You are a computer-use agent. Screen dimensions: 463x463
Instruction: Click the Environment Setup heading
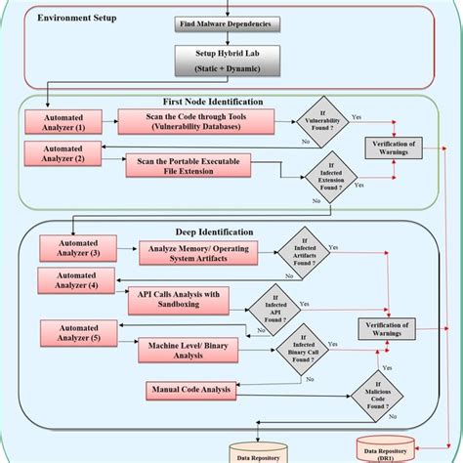coord(77,19)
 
